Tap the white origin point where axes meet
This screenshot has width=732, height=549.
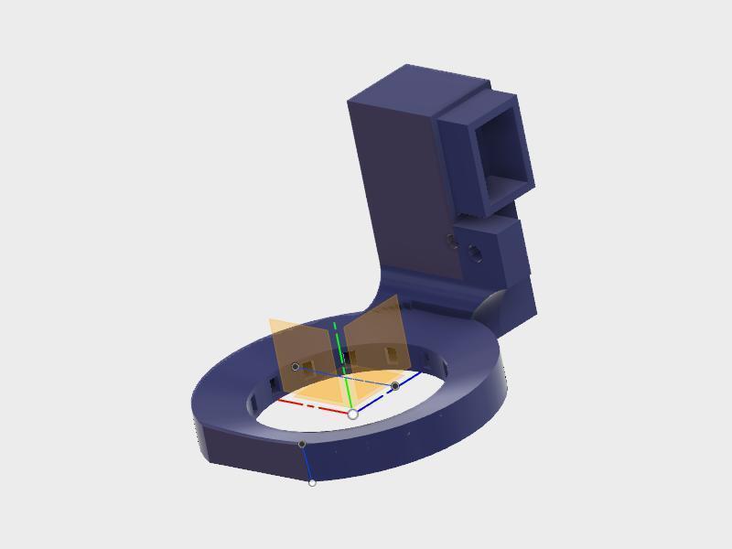point(353,414)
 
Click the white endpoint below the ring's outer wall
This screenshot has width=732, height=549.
point(312,482)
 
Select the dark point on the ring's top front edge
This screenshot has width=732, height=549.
point(302,444)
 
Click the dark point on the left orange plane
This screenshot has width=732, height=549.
point(295,367)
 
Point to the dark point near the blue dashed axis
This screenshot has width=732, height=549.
point(395,386)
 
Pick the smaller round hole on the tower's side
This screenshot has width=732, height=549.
point(450,241)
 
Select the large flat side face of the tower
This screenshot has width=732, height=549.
point(403,192)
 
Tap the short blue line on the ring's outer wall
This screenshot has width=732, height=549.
point(307,464)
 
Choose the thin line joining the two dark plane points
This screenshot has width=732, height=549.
point(348,377)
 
